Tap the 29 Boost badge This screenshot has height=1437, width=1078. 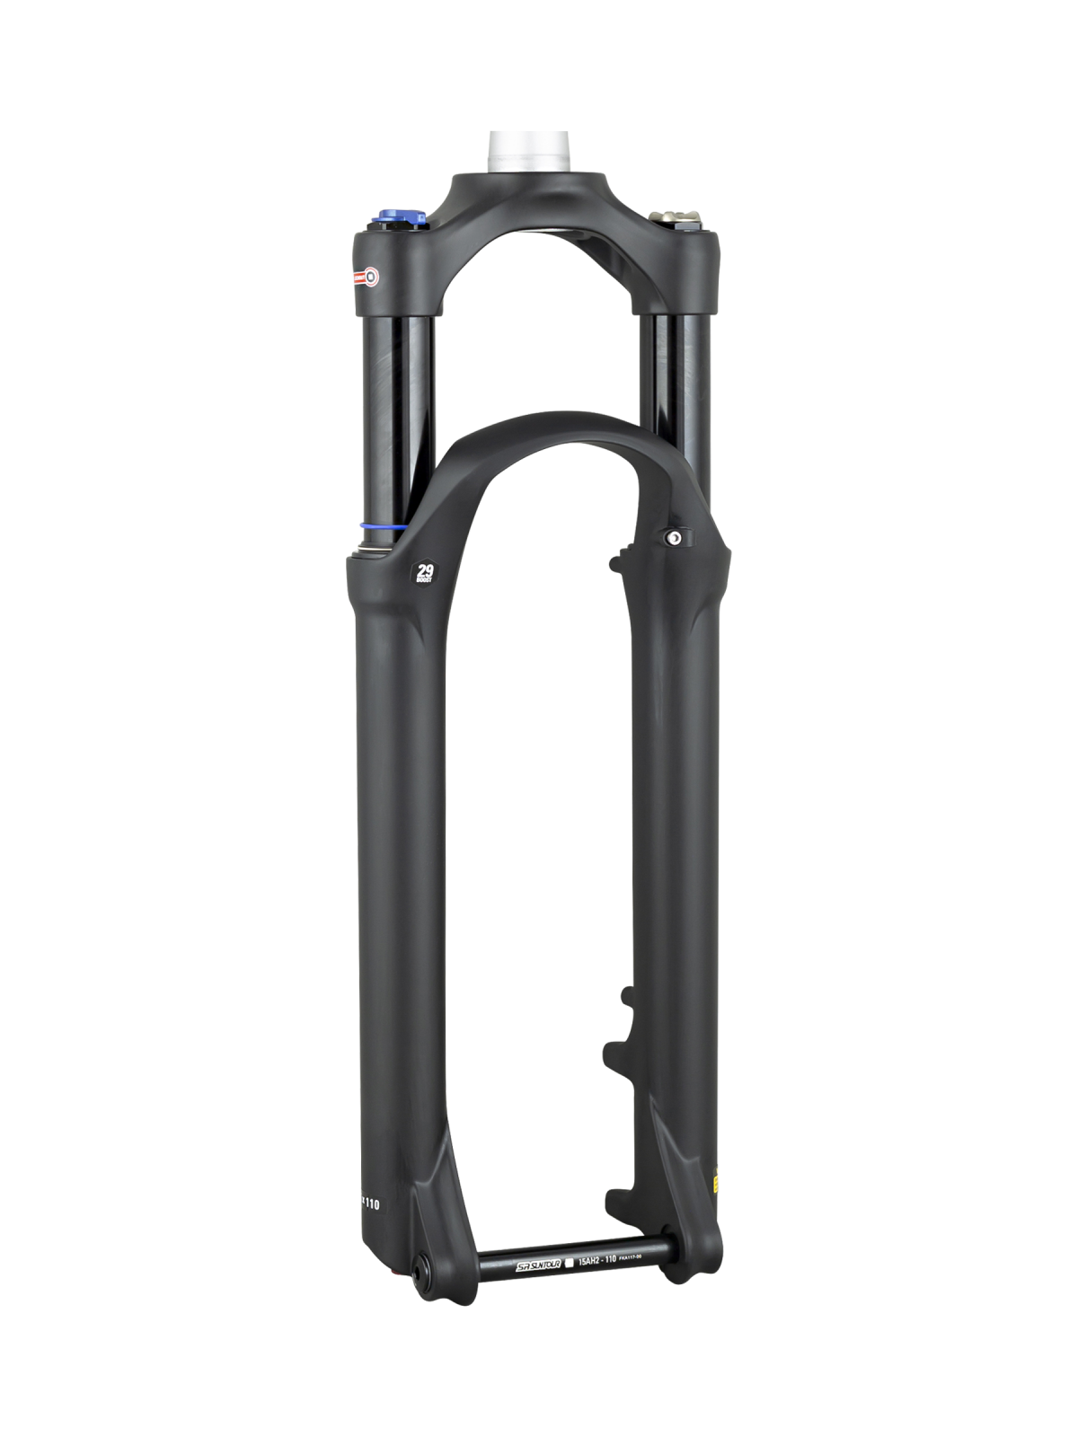coord(422,571)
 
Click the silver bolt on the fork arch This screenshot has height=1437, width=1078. coord(672,538)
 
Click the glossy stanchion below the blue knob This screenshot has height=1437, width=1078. coord(395,404)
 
